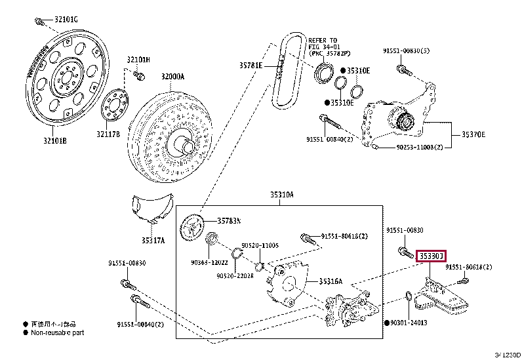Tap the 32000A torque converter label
click(173, 77)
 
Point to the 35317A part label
click(153, 241)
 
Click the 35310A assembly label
click(281, 195)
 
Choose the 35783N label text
click(230, 220)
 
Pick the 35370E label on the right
click(473, 134)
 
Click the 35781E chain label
click(251, 66)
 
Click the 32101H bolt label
click(138, 60)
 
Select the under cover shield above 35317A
click(151, 207)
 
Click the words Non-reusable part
click(58, 332)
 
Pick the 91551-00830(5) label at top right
click(407, 50)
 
